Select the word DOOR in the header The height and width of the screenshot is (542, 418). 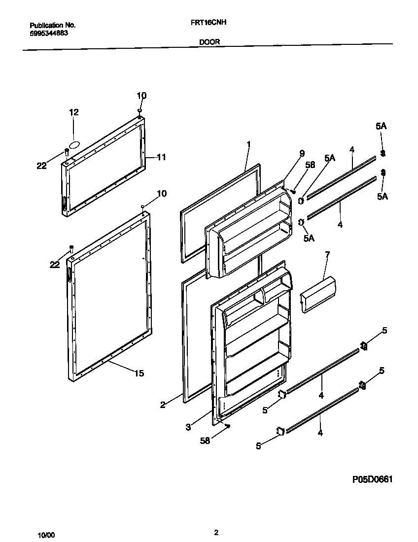[209, 42]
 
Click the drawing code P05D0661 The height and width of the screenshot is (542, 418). [372, 479]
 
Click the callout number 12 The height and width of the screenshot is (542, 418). [73, 112]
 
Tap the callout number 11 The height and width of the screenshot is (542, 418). [161, 157]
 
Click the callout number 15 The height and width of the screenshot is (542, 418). [139, 373]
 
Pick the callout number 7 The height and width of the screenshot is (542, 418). [327, 254]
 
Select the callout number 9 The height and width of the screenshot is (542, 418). [302, 153]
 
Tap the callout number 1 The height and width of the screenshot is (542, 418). [249, 144]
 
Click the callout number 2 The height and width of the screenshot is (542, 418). [163, 405]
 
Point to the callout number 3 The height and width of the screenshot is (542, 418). [188, 427]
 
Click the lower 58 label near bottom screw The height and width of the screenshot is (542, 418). [205, 440]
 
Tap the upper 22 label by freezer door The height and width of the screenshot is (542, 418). [41, 166]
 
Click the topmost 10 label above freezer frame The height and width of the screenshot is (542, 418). [141, 96]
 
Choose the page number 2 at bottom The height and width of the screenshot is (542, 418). [216, 532]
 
